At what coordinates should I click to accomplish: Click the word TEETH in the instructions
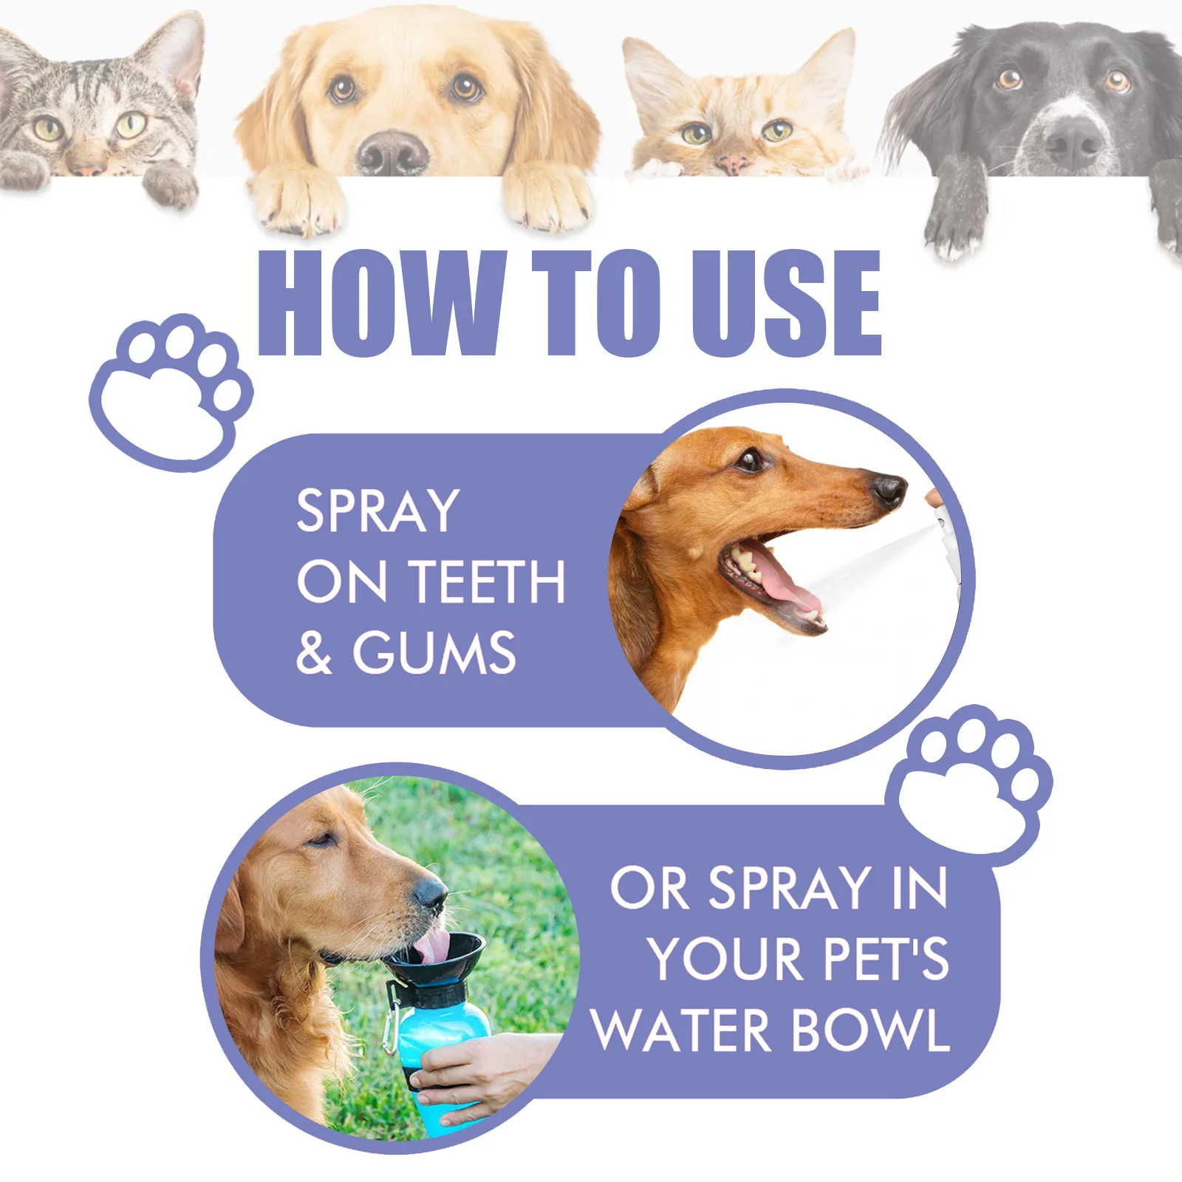[x=487, y=581]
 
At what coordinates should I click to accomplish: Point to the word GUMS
[x=434, y=652]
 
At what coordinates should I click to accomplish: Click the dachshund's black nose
[x=889, y=489]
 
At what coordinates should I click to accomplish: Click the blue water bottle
[x=443, y=1049]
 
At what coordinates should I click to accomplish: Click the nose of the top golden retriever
[x=392, y=151]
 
